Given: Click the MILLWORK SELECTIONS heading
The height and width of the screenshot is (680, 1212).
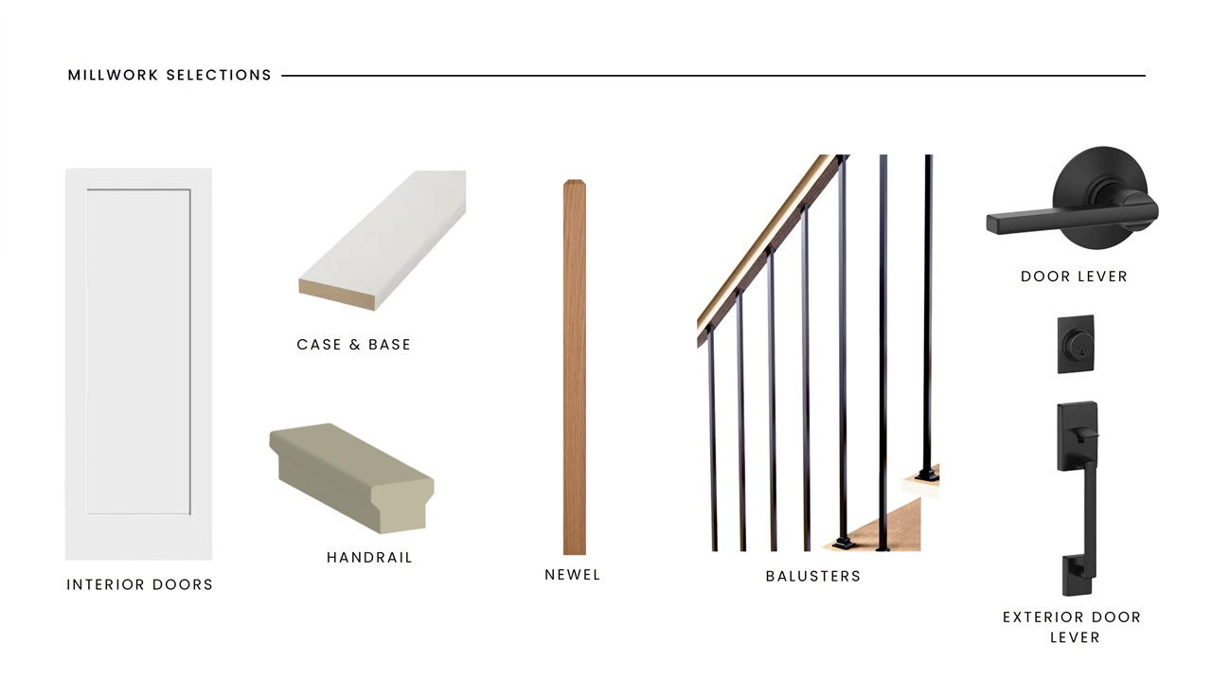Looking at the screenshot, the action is click(169, 75).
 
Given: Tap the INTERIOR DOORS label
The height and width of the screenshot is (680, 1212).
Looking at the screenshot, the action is click(139, 584).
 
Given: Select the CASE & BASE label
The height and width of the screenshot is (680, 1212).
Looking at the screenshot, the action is click(354, 345).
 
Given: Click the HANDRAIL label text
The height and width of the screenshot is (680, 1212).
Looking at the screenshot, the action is click(369, 557).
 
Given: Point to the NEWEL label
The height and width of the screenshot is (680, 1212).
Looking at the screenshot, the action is click(573, 575).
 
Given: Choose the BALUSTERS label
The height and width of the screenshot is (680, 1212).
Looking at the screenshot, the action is click(813, 576).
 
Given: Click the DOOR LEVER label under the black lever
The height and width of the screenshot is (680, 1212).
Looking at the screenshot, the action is click(1074, 277).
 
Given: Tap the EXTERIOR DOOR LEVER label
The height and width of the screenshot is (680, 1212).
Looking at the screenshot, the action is click(1073, 627).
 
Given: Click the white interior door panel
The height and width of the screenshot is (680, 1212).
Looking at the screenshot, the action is click(139, 364).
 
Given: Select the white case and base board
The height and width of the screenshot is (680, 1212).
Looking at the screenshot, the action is click(383, 241).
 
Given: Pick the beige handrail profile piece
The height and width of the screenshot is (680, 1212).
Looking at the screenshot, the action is click(351, 478).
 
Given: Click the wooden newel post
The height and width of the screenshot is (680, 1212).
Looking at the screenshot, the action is click(575, 367).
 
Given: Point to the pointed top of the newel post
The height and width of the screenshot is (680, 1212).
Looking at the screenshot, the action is click(575, 181).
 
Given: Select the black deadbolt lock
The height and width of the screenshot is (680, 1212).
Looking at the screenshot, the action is click(1076, 345).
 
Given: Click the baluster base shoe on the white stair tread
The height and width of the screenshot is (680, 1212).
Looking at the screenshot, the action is click(926, 475).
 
